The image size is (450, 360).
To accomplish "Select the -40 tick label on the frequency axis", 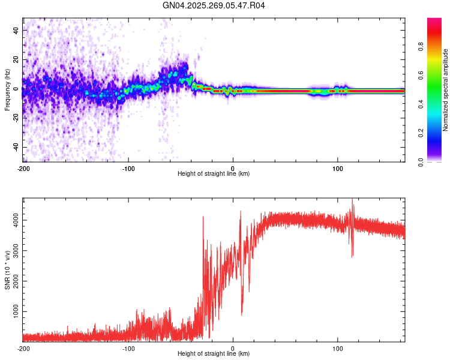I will tap(16, 147).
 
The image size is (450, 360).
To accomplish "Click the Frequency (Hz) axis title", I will tap(7, 90).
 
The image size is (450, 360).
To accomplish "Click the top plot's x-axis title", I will tap(214, 173).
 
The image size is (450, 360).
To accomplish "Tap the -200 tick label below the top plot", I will tap(23, 167).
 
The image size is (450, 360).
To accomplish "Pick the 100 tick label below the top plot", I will tap(337, 167).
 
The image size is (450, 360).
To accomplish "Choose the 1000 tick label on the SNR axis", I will tap(13, 312).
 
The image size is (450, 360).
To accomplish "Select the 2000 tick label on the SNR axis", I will tap(13, 281).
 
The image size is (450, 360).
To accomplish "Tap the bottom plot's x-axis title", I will tap(214, 354).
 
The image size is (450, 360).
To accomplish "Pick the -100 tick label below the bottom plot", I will tap(128, 348).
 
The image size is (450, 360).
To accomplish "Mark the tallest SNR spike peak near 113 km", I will tap(352, 200).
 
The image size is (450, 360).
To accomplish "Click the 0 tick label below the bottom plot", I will tap(233, 348).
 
